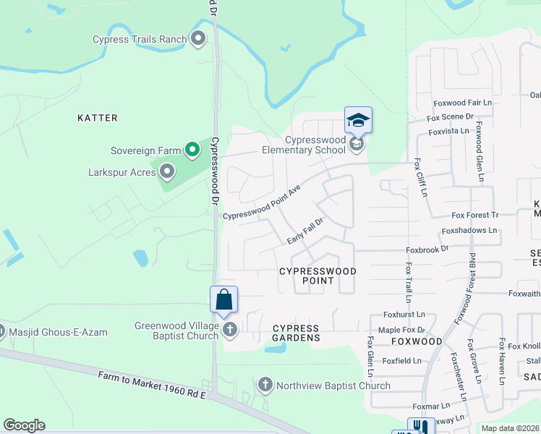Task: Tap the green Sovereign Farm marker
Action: click(192, 150)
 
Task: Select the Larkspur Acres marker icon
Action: click(167, 171)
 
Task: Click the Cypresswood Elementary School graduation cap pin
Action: click(358, 120)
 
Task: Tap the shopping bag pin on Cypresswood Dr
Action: click(223, 299)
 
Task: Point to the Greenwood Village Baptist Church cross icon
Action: click(230, 331)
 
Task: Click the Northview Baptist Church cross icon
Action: click(265, 385)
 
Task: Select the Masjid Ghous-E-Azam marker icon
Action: click(1, 332)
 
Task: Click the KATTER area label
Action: click(98, 117)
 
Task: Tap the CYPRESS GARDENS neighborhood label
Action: click(296, 333)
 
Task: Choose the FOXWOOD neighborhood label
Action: click(417, 341)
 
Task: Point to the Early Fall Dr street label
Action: click(304, 230)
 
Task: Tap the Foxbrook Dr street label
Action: click(427, 248)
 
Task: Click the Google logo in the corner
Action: click(24, 425)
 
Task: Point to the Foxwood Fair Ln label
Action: click(462, 103)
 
